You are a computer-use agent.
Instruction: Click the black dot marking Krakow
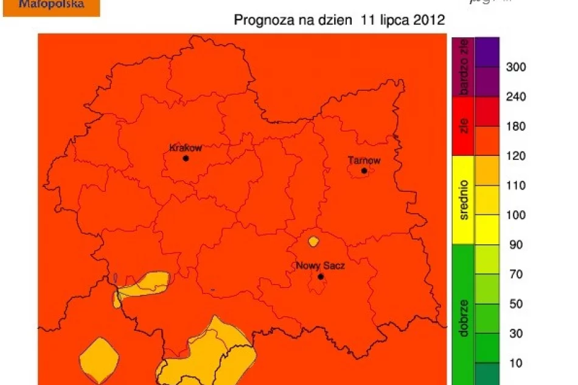tap(186, 158)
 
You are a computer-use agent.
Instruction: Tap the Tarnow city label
tap(364, 161)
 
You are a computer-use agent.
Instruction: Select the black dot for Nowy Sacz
tap(321, 277)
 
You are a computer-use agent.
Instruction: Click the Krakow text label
tap(185, 148)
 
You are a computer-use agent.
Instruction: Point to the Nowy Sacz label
tap(320, 266)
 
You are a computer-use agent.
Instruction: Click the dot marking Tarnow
tap(364, 171)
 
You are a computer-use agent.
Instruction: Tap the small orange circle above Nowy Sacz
tap(313, 242)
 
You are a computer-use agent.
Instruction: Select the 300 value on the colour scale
tap(515, 67)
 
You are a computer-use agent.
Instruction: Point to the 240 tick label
tap(515, 97)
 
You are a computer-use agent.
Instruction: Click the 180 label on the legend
tap(515, 127)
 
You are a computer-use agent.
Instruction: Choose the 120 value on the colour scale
tap(515, 156)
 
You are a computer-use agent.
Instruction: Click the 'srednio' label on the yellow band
tap(464, 200)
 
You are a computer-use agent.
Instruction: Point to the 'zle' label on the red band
tap(464, 126)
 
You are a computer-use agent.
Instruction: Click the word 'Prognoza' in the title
tap(261, 20)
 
